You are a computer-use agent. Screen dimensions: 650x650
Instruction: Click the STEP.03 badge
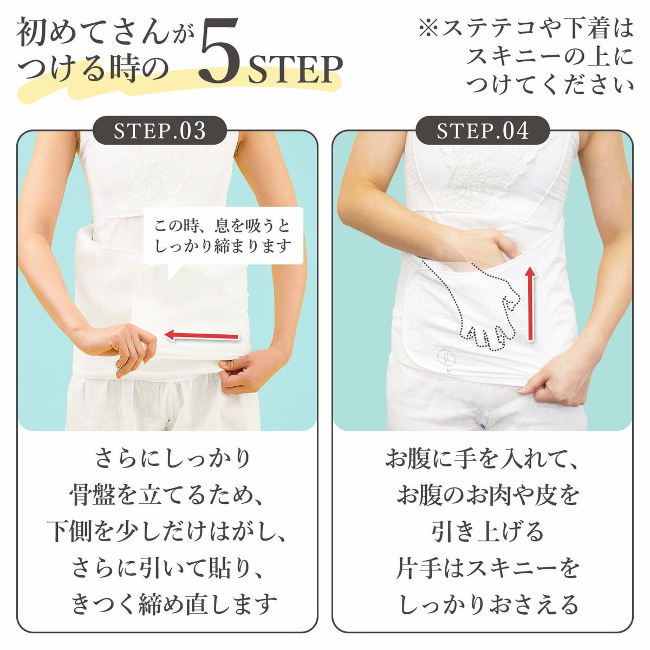[x=160, y=131]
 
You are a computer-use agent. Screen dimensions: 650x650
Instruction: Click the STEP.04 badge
[x=483, y=131]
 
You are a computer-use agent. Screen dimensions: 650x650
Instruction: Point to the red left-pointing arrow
[x=201, y=336]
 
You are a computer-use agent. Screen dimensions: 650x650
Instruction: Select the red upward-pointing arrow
[x=531, y=303]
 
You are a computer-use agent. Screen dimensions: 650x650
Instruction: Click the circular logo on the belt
[x=445, y=356]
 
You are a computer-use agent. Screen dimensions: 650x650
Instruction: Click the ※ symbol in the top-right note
[x=429, y=29]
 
